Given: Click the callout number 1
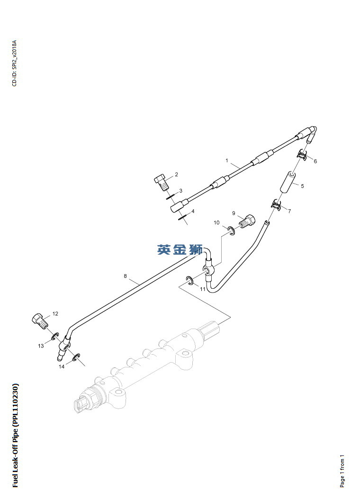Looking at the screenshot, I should pyautogui.click(x=227, y=161).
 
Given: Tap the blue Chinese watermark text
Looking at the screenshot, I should pyautogui.click(x=180, y=249).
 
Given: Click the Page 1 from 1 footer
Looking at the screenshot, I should pyautogui.click(x=342, y=471).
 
